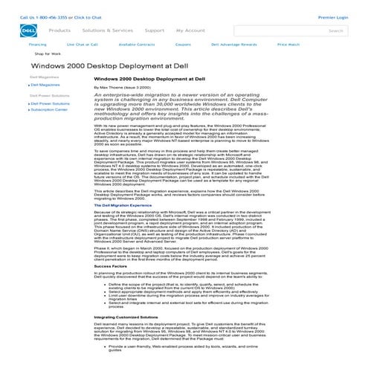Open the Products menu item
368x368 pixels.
tap(59, 30)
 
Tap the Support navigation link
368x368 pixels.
tap(155, 30)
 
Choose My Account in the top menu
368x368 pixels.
tap(190, 30)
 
